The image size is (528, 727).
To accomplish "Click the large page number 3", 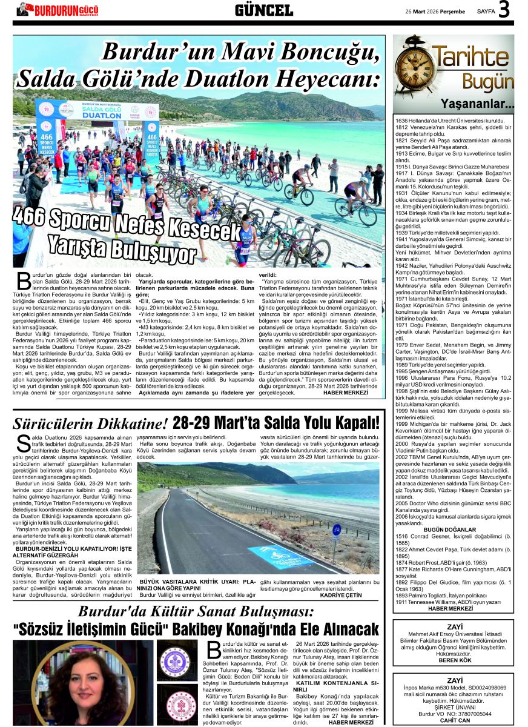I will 504,10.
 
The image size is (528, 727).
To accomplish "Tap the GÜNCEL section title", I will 263,10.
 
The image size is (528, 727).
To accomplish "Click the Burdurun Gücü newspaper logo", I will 57,10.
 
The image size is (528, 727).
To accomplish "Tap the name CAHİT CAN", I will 455,720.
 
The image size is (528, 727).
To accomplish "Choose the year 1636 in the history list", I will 402,121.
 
